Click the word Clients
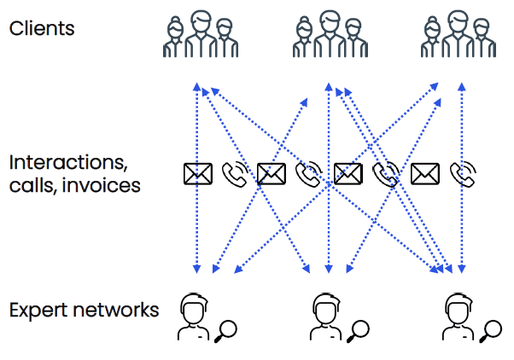[42, 28]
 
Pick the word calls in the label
[33, 184]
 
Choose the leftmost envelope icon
[197, 174]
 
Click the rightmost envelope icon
[423, 174]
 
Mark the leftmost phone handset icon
[234, 174]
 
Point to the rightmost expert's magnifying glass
[492, 328]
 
